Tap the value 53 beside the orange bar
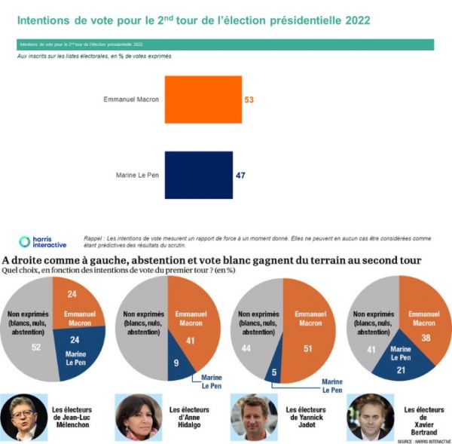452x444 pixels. [249, 100]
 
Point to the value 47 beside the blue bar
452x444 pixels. [240, 175]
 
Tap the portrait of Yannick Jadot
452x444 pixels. [249, 415]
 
